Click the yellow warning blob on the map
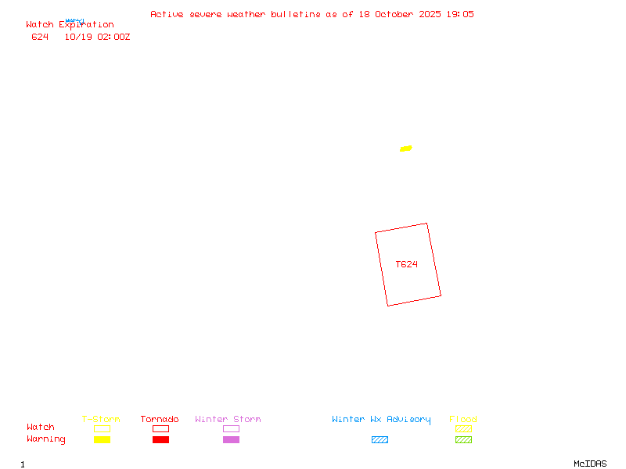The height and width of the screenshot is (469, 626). [x=405, y=149]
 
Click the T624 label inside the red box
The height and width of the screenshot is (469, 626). [x=406, y=264]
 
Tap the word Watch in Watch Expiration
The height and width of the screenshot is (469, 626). [x=40, y=25]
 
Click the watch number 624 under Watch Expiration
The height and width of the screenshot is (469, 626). [x=40, y=37]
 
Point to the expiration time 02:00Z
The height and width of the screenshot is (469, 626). [x=113, y=37]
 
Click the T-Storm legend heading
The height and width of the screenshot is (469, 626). [x=101, y=420]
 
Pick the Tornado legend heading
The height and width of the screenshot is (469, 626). [x=160, y=420]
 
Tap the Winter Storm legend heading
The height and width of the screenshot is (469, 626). [x=228, y=420]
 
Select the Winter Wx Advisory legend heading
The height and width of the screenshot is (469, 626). [x=381, y=420]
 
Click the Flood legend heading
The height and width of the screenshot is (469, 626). [x=463, y=420]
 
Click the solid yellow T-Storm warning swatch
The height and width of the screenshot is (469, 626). [x=102, y=439]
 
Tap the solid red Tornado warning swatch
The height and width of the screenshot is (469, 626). [x=160, y=439]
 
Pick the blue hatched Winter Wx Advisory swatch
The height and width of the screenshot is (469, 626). [x=380, y=439]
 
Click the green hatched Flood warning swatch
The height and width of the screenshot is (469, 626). [x=463, y=439]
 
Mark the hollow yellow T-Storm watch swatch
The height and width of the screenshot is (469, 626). [x=102, y=428]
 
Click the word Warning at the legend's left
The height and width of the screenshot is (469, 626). [x=46, y=439]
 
